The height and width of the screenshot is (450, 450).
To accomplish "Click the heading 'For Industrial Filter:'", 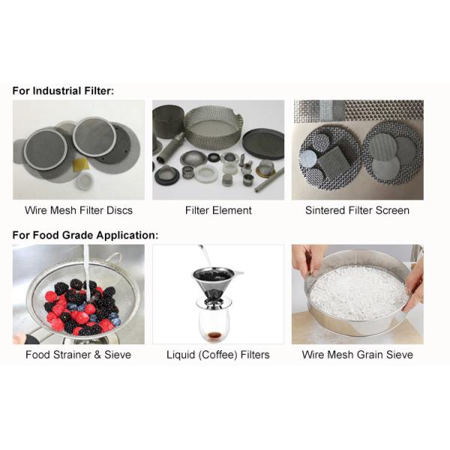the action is [63, 91].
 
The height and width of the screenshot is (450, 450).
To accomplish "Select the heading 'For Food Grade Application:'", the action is [85, 235].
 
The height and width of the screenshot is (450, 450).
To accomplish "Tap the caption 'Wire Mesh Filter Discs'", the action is [79, 210].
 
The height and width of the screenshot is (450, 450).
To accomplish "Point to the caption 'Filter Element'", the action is [218, 210].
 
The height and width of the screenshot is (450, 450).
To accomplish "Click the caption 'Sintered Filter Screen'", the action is [357, 210].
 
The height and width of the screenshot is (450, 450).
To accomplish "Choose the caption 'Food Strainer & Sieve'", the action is [78, 355].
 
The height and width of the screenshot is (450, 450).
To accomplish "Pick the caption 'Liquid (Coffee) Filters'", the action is [218, 355].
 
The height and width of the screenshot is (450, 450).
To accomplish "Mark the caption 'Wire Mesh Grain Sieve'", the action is [357, 355].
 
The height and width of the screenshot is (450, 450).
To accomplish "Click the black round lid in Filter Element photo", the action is [263, 144].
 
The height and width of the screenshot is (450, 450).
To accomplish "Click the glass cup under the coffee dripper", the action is [213, 324].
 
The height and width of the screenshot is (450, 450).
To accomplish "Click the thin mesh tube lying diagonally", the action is [269, 180].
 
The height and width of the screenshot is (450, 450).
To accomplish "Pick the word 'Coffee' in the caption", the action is [218, 355].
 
